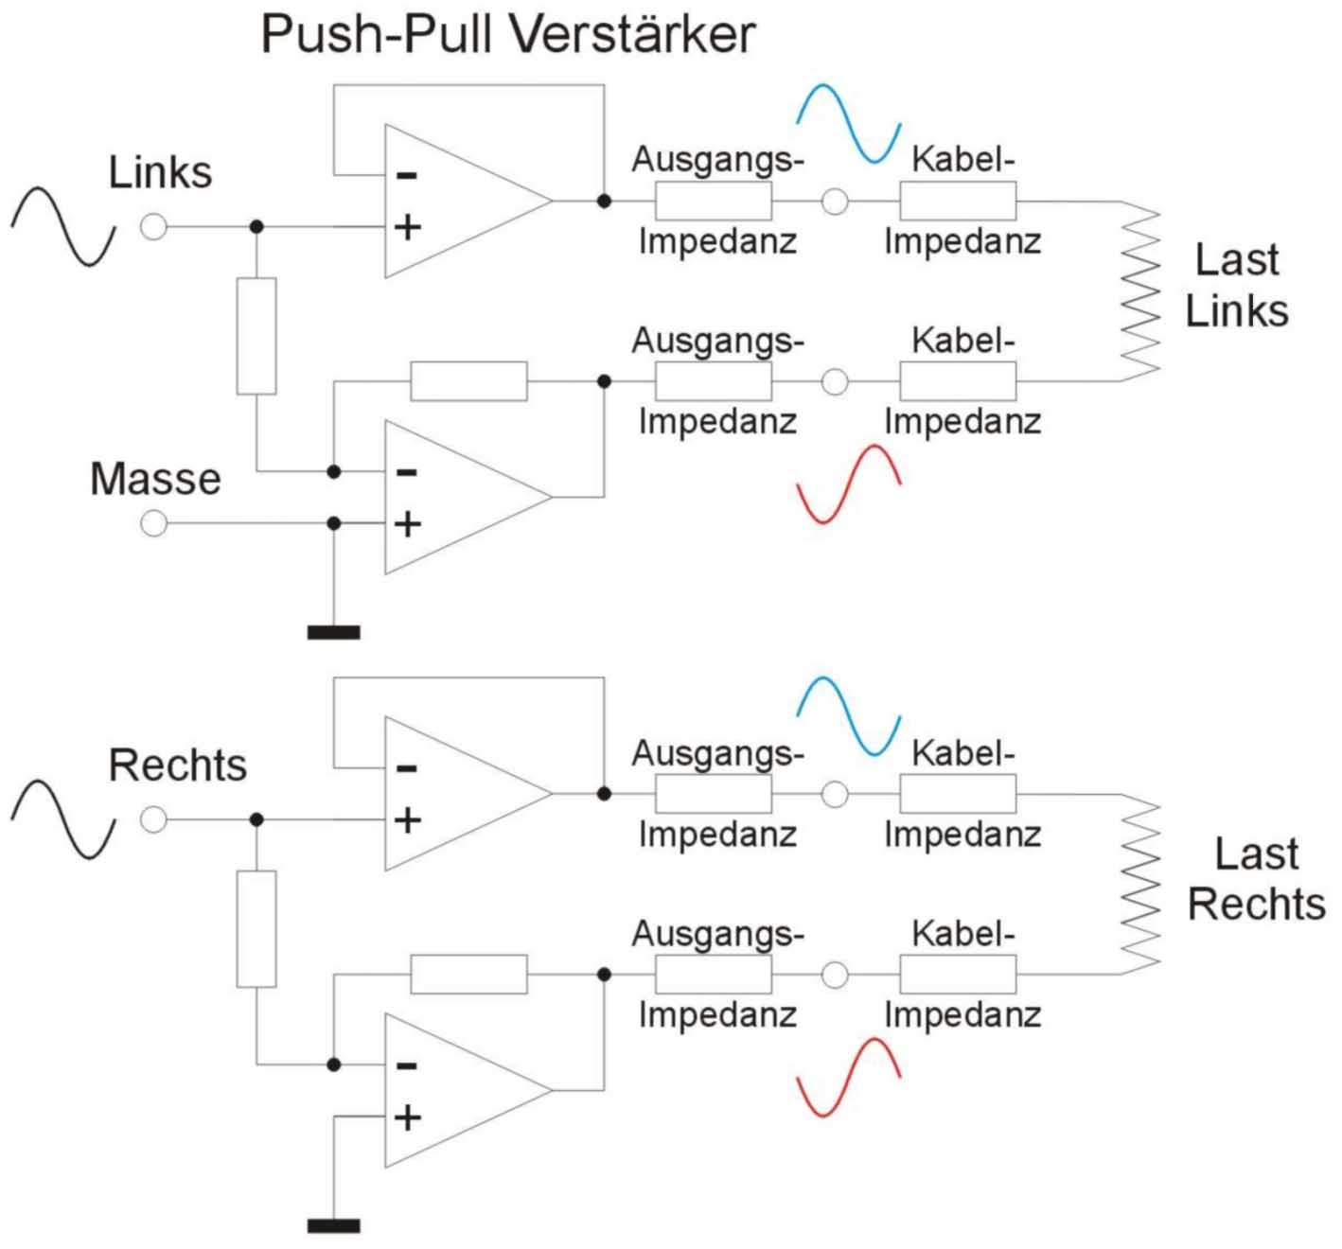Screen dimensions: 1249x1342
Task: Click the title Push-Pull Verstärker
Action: pyautogui.click(x=507, y=35)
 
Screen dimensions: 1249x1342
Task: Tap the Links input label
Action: pyautogui.click(x=160, y=173)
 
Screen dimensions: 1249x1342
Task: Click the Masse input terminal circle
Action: pyautogui.click(x=153, y=523)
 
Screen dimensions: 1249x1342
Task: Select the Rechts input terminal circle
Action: pyautogui.click(x=153, y=819)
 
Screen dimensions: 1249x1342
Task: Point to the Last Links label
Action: pyautogui.click(x=1237, y=285)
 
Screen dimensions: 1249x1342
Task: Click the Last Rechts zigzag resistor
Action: pyautogui.click(x=1139, y=885)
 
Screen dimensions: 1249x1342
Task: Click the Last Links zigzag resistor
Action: pyautogui.click(x=1139, y=291)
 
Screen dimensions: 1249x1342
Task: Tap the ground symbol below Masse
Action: pyautogui.click(x=333, y=632)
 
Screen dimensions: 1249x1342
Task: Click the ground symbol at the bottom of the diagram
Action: pyautogui.click(x=333, y=1226)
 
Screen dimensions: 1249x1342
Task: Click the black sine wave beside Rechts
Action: pyautogui.click(x=62, y=819)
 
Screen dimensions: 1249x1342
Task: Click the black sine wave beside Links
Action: pyautogui.click(x=62, y=226)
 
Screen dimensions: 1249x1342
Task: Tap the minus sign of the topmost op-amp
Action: pyautogui.click(x=407, y=175)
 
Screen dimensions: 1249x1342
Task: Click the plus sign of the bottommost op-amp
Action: pyautogui.click(x=407, y=1117)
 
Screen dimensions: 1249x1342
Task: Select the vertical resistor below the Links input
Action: pyautogui.click(x=256, y=336)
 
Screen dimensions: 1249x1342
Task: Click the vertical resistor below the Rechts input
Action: pyautogui.click(x=256, y=929)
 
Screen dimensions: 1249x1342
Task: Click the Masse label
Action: pyautogui.click(x=155, y=479)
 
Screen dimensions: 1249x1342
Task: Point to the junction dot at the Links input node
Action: pyautogui.click(x=256, y=227)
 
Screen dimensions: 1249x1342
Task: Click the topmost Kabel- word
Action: pyautogui.click(x=962, y=160)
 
